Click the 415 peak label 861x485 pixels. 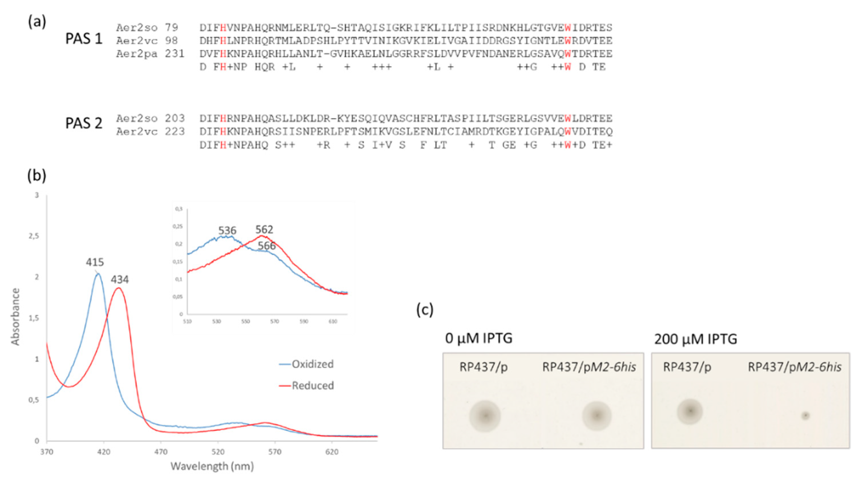(x=95, y=262)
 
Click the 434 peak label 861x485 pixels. (x=120, y=280)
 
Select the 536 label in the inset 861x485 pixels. (x=227, y=231)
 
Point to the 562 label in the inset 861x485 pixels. (x=264, y=229)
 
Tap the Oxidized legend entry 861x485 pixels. (x=312, y=364)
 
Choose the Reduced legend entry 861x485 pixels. (x=312, y=386)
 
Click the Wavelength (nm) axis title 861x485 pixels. (x=212, y=466)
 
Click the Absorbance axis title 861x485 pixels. (x=15, y=317)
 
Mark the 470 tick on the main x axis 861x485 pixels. (x=161, y=452)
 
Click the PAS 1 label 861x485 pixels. (x=84, y=39)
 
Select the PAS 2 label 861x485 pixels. (x=84, y=123)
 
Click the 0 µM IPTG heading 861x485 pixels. (x=479, y=338)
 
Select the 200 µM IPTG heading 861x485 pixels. (x=696, y=339)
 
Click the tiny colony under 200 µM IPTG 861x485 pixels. (x=805, y=416)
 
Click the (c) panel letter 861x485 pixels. (x=425, y=310)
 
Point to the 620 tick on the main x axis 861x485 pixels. (x=332, y=452)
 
